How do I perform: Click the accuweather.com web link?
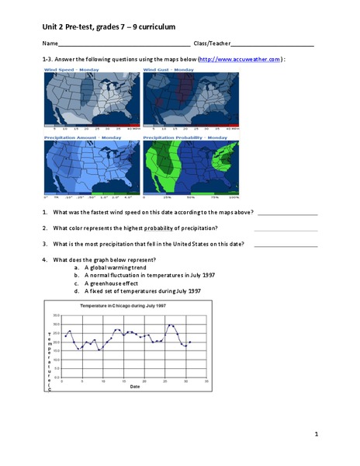239,59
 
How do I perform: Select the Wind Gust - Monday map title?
168,70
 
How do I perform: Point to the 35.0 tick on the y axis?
57,315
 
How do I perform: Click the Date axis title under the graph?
135,387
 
